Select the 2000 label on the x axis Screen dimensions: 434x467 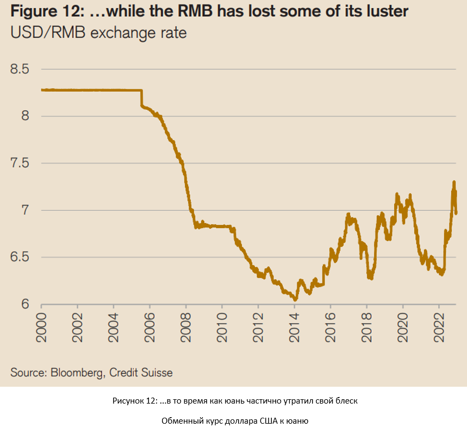[x=41, y=328]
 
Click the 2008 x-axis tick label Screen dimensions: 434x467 [x=186, y=328]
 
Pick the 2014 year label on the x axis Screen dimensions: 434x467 [x=294, y=328]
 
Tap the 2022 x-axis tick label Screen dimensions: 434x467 [x=439, y=328]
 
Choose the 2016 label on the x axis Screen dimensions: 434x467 [x=331, y=328]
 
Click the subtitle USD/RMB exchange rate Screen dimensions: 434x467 [x=98, y=34]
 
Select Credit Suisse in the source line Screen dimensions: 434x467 [x=141, y=373]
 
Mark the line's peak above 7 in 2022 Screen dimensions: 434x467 [x=453, y=183]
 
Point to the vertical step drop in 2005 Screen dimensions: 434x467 [x=142, y=98]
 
